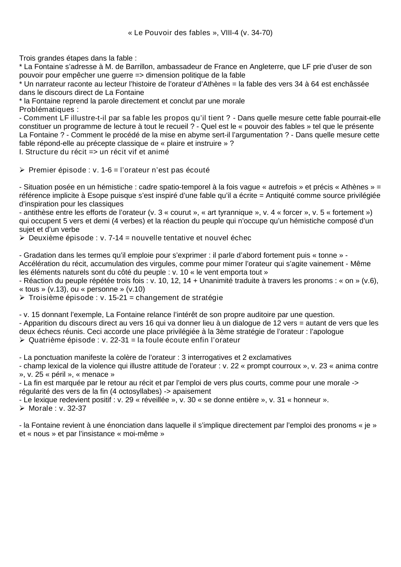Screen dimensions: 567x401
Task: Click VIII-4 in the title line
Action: point(229,33)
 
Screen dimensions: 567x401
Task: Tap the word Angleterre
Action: point(268,67)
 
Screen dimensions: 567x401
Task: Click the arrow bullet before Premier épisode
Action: point(22,170)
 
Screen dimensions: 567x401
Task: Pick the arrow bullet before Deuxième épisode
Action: point(22,238)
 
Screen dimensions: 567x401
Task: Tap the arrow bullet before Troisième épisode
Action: point(22,298)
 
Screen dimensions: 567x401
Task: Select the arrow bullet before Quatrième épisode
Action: point(22,340)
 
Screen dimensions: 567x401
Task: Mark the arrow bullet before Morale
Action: point(22,408)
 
